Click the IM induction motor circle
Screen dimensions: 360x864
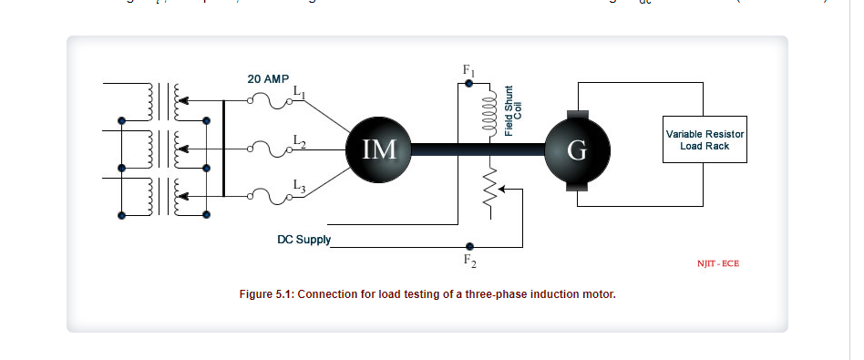(x=379, y=149)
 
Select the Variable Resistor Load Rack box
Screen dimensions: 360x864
(x=705, y=139)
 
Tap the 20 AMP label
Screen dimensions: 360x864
(x=268, y=79)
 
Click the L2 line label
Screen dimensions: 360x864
(x=300, y=139)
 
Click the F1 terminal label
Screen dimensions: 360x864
(x=469, y=70)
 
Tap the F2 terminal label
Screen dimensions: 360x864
(x=469, y=261)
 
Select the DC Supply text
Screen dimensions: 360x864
(x=303, y=241)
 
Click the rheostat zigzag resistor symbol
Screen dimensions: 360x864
(x=489, y=189)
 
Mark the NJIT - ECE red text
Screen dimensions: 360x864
(x=717, y=263)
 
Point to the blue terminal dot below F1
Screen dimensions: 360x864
(x=469, y=84)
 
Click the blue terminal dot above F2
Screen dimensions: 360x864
(x=469, y=246)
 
